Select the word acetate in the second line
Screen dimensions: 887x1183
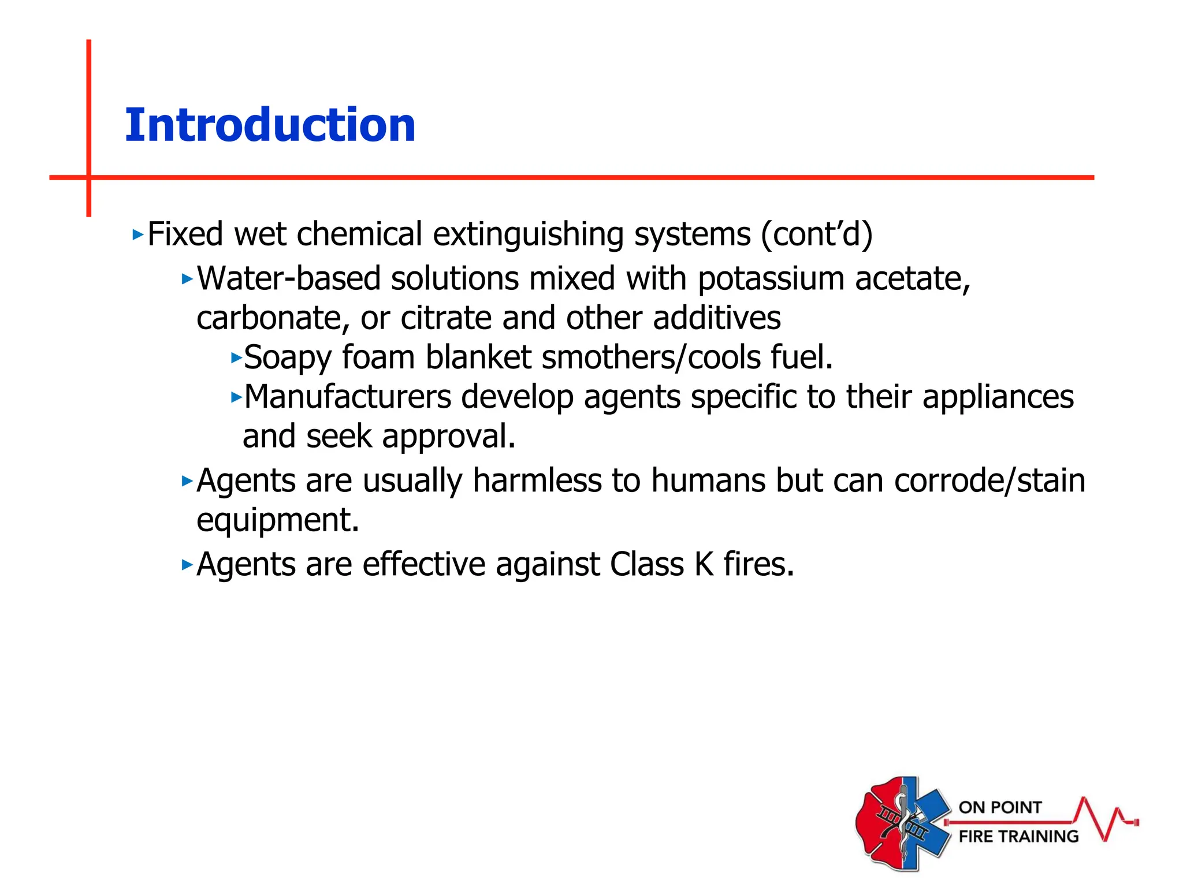[x=912, y=279]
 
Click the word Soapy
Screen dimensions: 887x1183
[x=287, y=357]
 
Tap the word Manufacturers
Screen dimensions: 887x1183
[x=348, y=397]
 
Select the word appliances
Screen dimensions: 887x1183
[x=998, y=397]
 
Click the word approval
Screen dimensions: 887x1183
[x=448, y=437]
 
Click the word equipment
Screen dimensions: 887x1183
[x=278, y=520]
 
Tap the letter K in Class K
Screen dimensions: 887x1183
[x=704, y=564]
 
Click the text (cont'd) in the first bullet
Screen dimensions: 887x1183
[x=816, y=234]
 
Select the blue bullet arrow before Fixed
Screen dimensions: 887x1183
[x=137, y=234]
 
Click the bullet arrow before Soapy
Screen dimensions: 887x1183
[x=236, y=357]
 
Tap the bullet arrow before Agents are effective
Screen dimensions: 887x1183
[x=187, y=564]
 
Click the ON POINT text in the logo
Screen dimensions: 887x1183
[x=1000, y=807]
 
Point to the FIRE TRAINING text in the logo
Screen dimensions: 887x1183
[x=1018, y=836]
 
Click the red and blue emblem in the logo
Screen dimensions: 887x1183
[x=902, y=823]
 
